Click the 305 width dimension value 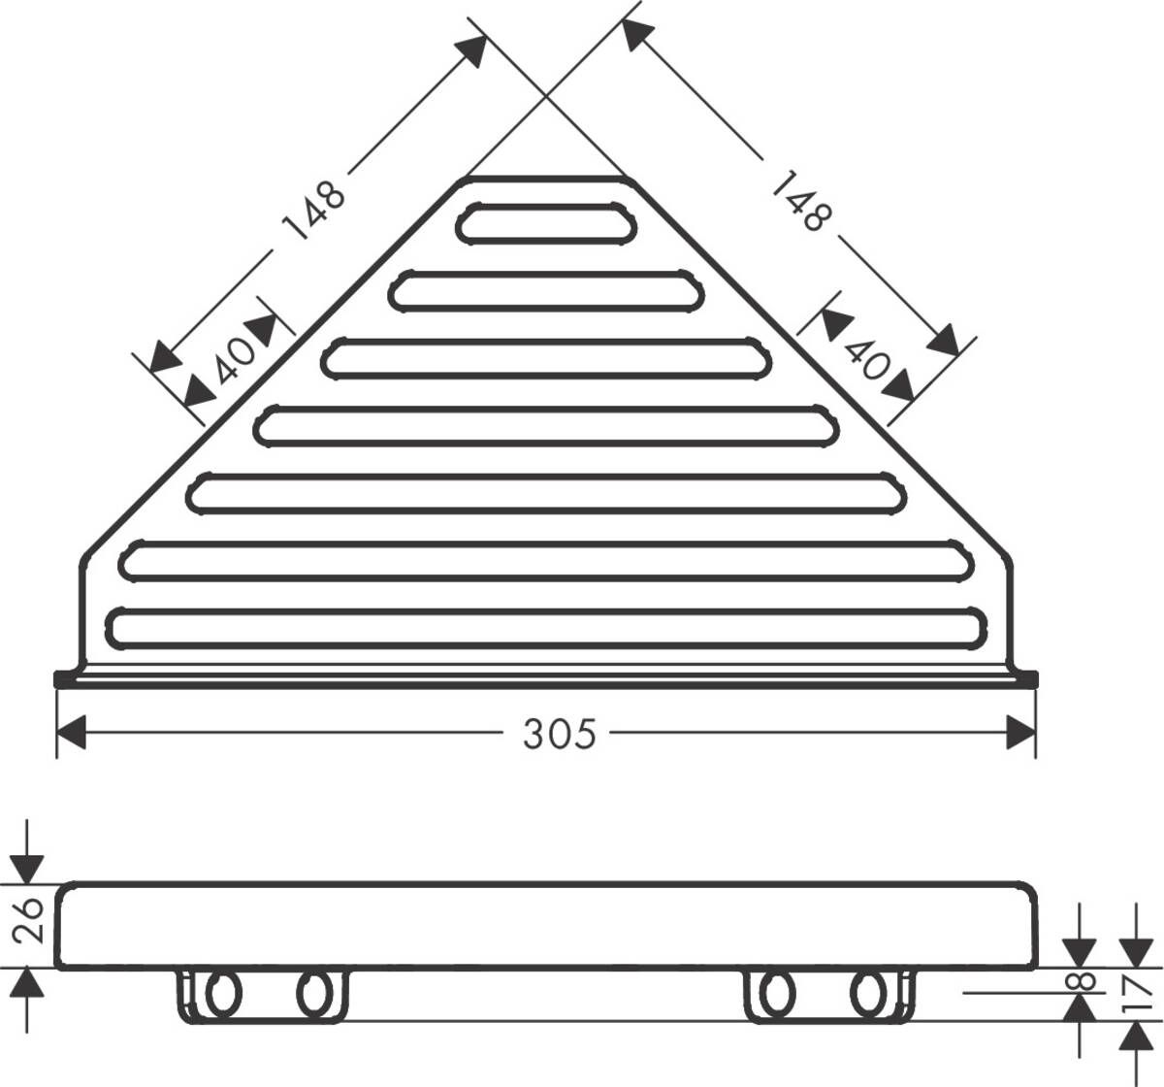pos(559,734)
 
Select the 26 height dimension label pos(29,920)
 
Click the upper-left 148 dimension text pos(313,210)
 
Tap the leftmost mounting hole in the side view pos(221,994)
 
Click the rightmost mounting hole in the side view pos(868,994)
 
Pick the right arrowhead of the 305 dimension pos(1022,733)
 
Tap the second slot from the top pos(548,291)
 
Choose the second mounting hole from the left pos(312,994)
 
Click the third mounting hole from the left pos(775,994)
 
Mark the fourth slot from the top pos(548,427)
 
